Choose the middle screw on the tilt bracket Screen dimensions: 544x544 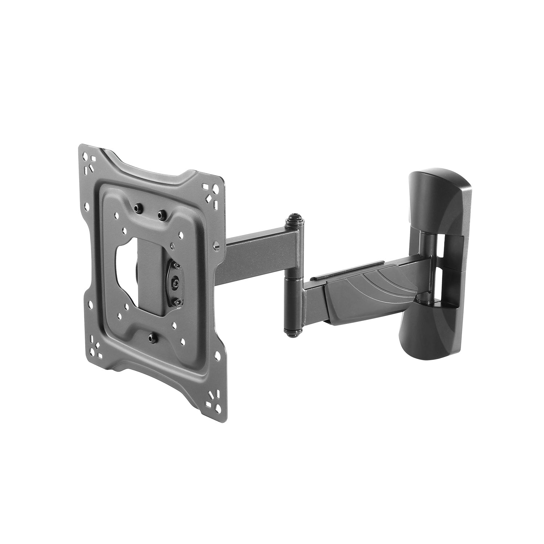[175, 281]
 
